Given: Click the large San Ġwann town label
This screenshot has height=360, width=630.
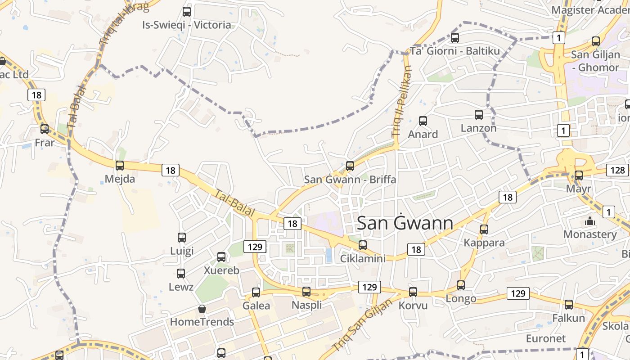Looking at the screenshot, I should [405, 223].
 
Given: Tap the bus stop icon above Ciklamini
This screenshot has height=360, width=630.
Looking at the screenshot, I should [363, 245].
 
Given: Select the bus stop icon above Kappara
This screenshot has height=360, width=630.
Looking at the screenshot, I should [484, 229].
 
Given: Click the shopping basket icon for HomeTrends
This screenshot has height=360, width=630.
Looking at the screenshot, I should [202, 309].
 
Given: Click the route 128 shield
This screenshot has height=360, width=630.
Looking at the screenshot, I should [617, 170].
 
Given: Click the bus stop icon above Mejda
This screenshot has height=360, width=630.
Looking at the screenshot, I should [120, 165].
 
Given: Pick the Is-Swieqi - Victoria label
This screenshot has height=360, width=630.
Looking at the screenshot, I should [186, 25].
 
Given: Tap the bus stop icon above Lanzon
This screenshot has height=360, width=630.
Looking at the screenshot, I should [479, 115].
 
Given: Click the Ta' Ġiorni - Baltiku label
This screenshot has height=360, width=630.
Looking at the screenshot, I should [455, 51].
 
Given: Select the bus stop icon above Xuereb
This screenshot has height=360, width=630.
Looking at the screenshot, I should [221, 257].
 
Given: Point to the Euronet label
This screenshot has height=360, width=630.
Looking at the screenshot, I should [545, 338].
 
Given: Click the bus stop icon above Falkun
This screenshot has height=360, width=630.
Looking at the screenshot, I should [569, 305].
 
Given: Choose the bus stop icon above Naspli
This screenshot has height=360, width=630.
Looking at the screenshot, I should [306, 292].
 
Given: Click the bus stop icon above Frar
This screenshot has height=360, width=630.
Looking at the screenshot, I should [45, 129].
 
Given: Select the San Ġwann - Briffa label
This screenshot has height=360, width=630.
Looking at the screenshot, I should [350, 179].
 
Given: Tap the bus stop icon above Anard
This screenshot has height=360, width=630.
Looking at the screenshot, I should [423, 121].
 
